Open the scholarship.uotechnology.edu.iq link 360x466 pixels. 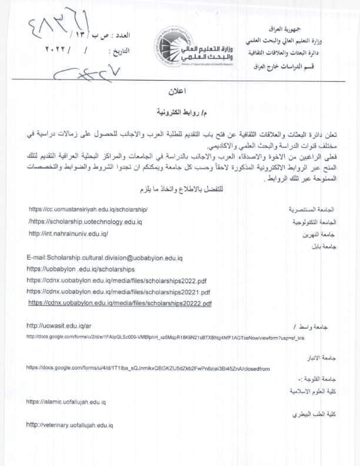[85, 221]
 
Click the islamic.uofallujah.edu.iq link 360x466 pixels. [66, 401]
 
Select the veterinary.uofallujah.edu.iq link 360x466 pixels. [70, 424]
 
